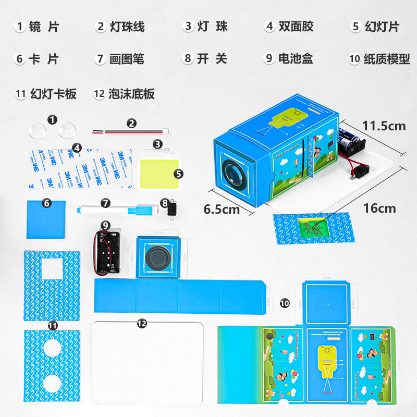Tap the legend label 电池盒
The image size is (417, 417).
[x=296, y=59]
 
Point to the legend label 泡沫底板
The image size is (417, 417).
[x=131, y=94]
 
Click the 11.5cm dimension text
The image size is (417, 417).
[x=384, y=126]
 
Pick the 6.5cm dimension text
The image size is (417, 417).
[x=221, y=210]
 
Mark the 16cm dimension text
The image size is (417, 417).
[x=379, y=208]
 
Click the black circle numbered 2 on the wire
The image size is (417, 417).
[x=131, y=124]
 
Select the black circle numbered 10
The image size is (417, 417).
[x=284, y=302]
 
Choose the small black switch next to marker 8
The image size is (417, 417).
[x=169, y=209]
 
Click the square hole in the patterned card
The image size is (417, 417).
[x=52, y=269]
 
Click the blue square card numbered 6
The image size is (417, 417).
[x=46, y=219]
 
